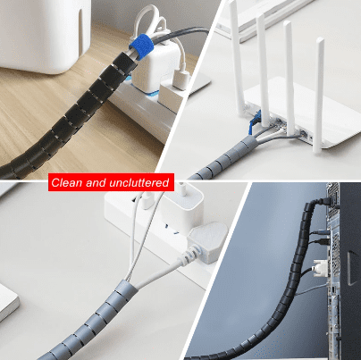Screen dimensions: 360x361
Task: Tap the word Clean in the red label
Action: (68, 183)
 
